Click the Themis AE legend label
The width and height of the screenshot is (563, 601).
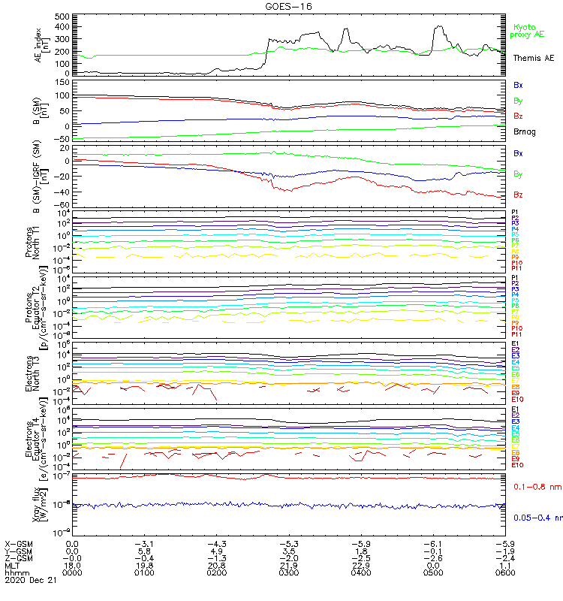[534, 58]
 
